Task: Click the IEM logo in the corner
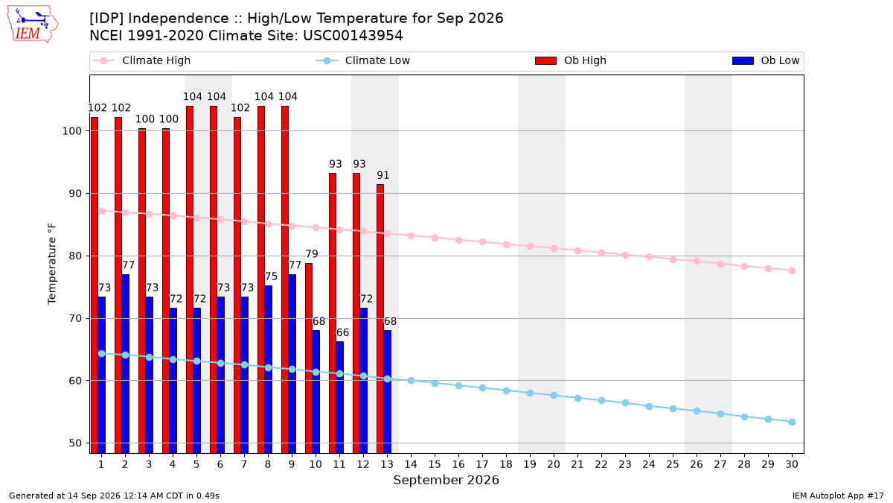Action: point(33,25)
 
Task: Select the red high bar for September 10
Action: point(309,358)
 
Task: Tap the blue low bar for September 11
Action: point(339,397)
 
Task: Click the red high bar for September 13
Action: point(380,319)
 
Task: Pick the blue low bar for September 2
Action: point(125,364)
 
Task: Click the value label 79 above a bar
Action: point(312,254)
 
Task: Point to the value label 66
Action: point(342,332)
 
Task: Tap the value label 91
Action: point(383,175)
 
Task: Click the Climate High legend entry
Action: point(142,60)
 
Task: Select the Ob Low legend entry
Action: point(766,60)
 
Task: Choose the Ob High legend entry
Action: point(571,60)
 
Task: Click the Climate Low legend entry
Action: point(363,60)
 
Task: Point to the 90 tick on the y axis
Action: point(71,194)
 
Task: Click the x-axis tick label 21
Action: point(577,464)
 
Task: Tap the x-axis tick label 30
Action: point(792,464)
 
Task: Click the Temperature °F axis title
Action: point(52,264)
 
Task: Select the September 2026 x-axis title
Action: point(446,480)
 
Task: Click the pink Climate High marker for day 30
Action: point(792,271)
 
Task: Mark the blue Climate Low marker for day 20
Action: point(554,396)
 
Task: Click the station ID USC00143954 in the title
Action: point(353,36)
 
